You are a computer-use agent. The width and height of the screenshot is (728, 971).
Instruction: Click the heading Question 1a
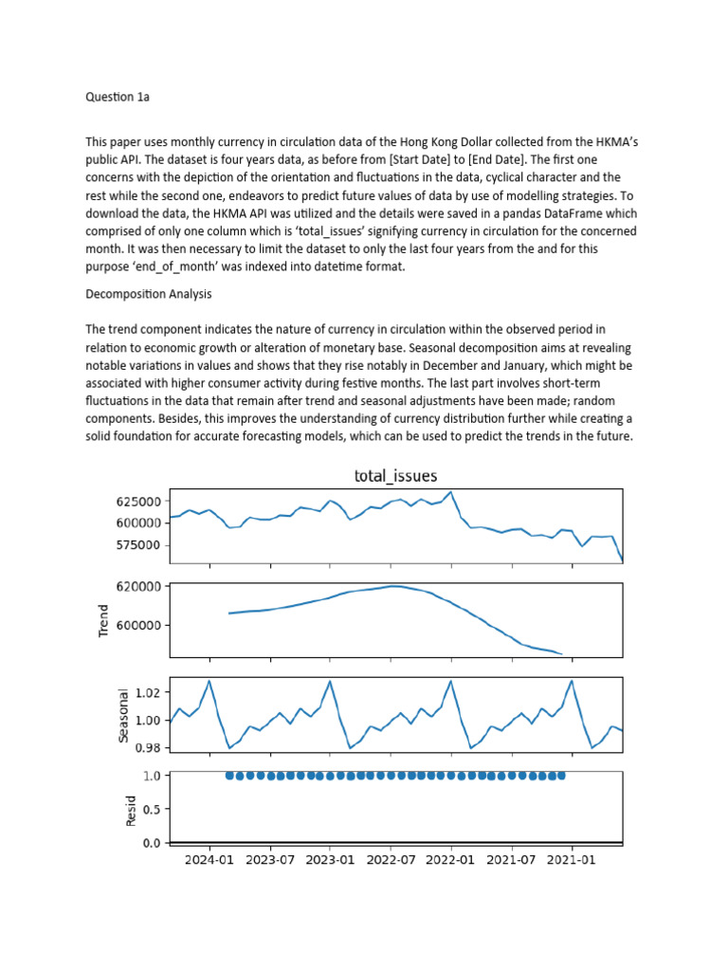pyautogui.click(x=118, y=97)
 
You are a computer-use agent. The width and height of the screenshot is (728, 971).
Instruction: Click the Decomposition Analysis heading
pyautogui.click(x=148, y=295)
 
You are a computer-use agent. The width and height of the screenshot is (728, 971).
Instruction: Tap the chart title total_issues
pyautogui.click(x=395, y=476)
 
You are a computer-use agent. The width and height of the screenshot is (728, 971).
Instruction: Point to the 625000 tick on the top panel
pyautogui.click(x=136, y=501)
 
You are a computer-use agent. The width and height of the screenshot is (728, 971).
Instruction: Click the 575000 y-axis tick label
pyautogui.click(x=136, y=545)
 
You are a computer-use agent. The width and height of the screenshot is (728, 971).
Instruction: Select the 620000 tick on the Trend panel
pyautogui.click(x=136, y=586)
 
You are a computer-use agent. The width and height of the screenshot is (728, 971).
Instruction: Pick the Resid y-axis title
pyautogui.click(x=132, y=808)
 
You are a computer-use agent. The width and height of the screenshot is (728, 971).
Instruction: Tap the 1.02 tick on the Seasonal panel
pyautogui.click(x=148, y=693)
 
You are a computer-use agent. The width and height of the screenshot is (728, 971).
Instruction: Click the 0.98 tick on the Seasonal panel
pyautogui.click(x=148, y=747)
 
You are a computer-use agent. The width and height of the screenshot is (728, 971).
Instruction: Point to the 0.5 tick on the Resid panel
pyautogui.click(x=152, y=809)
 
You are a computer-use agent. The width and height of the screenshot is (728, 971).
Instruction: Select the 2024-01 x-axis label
pyautogui.click(x=209, y=860)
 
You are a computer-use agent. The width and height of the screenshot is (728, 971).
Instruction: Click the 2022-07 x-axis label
pyautogui.click(x=391, y=860)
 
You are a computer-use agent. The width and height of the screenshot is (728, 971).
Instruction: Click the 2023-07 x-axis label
pyautogui.click(x=270, y=860)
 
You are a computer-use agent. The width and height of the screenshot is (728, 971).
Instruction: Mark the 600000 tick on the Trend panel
pyautogui.click(x=136, y=625)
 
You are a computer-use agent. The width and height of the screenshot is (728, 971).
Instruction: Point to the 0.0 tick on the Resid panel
pyautogui.click(x=152, y=843)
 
